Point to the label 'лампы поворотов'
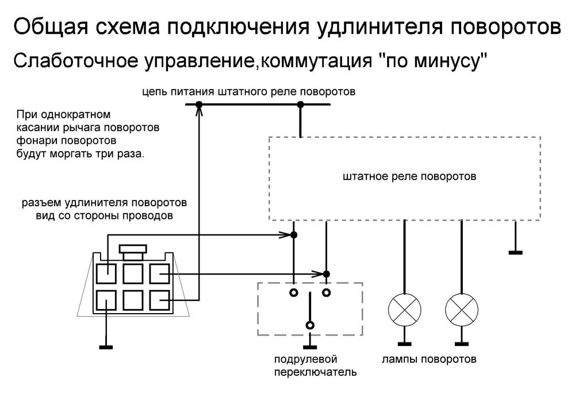(x=429, y=360)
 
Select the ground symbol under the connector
(x=106, y=346)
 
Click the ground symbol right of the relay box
(x=516, y=252)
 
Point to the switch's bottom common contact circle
(x=310, y=325)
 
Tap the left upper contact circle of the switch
(x=293, y=292)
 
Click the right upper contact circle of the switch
(x=326, y=292)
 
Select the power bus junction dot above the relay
(x=300, y=105)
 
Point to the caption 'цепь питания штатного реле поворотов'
(x=250, y=91)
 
